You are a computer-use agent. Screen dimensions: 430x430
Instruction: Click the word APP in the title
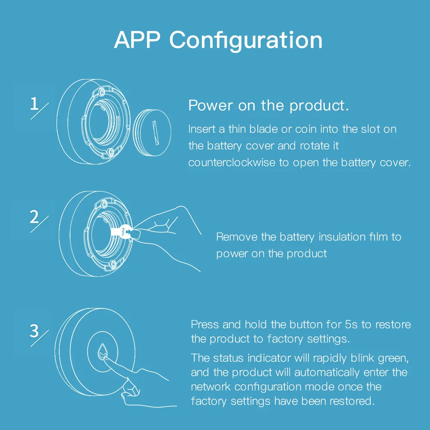137,40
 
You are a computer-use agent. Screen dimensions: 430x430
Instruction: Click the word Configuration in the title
246,41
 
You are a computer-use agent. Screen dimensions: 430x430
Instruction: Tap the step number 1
35,104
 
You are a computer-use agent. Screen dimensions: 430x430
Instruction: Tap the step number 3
35,331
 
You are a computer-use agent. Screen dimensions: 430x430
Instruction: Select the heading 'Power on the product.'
268,106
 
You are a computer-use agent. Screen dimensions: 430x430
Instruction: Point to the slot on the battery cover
155,128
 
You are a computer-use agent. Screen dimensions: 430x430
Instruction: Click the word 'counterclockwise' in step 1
231,163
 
